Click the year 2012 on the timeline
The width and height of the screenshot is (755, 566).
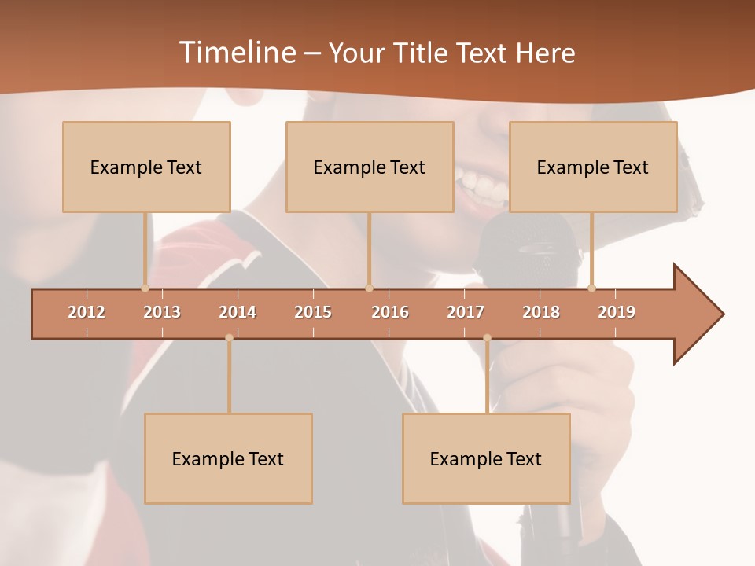pos(87,312)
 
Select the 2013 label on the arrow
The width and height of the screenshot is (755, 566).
pos(162,312)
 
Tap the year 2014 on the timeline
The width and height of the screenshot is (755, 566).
pos(238,312)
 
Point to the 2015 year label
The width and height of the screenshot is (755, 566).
pos(313,312)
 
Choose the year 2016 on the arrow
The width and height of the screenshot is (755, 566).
pos(390,312)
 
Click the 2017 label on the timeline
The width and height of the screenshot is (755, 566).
pos(466,312)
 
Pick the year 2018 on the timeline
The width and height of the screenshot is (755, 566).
pos(541,312)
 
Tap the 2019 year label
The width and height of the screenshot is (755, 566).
pos(617,312)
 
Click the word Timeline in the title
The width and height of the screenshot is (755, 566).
pos(237,53)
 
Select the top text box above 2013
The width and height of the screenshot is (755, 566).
pos(146,167)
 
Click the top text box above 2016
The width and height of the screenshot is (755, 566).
pos(370,167)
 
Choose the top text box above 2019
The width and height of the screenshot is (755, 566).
pos(593,167)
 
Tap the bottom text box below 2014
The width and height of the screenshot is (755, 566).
pos(228,458)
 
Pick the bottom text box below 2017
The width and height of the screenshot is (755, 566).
pos(486,458)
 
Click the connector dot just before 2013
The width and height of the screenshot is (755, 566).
pos(145,289)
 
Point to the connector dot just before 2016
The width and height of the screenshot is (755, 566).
pos(370,289)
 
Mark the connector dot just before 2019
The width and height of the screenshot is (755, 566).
pos(591,289)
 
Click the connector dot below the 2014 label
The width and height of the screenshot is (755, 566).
pos(229,338)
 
